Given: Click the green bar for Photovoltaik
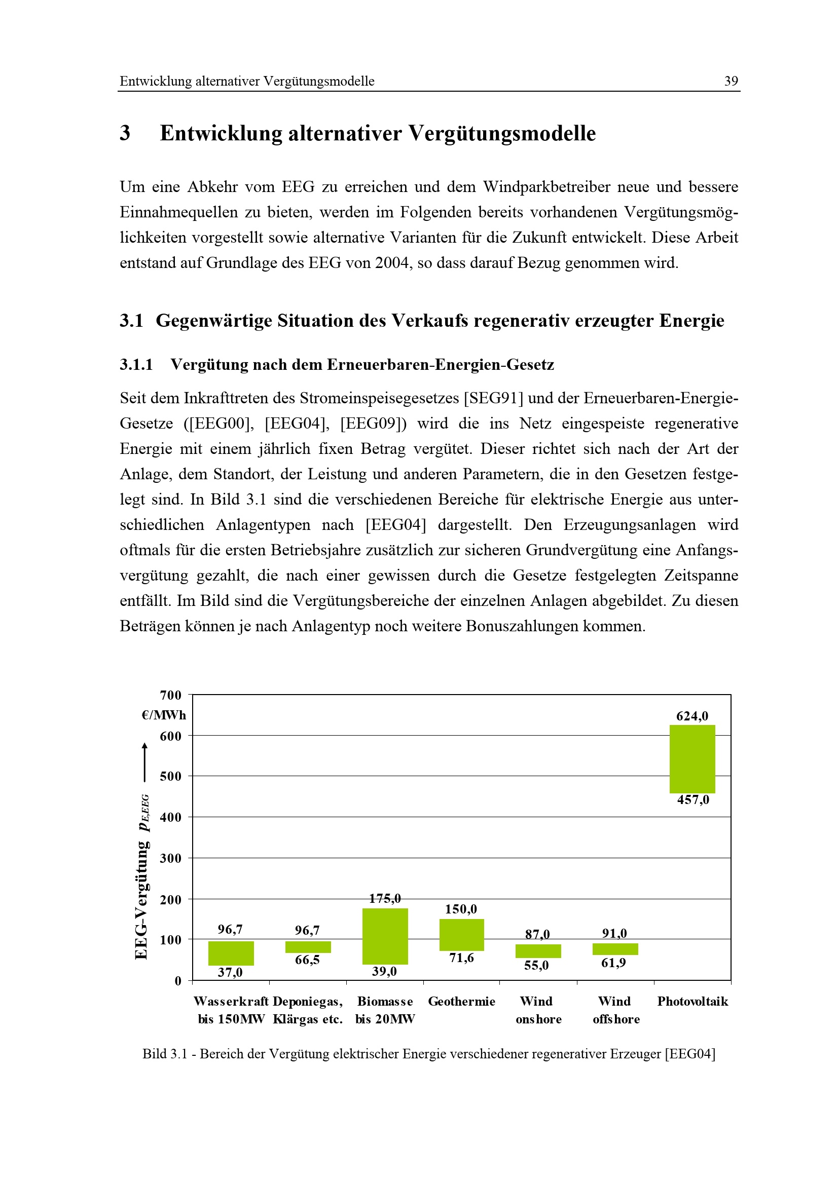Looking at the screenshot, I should point(692,759).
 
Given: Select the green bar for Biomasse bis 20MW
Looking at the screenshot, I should point(385,936).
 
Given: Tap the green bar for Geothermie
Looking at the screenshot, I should point(462,935).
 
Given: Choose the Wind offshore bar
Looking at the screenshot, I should point(615,949).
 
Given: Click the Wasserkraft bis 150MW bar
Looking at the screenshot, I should point(231,953).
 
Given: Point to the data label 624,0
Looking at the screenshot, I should point(692,716).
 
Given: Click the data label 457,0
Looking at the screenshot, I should point(693,800).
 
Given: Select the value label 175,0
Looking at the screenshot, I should point(385,899).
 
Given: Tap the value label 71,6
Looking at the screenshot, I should point(461,958).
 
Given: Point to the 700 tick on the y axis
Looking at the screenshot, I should point(170,695).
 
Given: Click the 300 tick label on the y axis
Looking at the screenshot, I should point(170,858).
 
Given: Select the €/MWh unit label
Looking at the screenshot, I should point(164,715).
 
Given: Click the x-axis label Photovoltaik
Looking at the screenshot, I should point(693,1001).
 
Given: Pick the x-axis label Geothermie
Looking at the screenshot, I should point(462,1001).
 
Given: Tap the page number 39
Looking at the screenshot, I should point(731,81).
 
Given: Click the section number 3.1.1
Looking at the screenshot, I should point(136,365).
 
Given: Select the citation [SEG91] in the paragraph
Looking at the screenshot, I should point(494,398).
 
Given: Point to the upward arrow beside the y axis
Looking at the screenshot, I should point(144,762).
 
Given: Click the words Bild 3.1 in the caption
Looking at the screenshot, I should point(164,1054).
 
